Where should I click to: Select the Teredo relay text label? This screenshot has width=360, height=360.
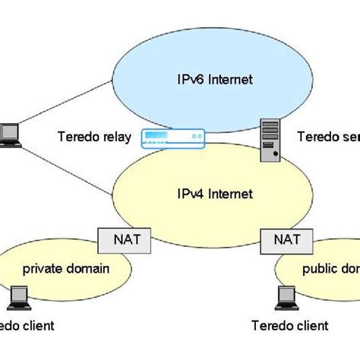coord(93,137)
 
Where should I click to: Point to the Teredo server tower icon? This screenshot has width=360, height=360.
coord(272,140)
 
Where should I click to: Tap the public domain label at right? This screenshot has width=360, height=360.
coord(330,268)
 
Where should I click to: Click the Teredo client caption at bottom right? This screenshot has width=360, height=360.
coord(289,326)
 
